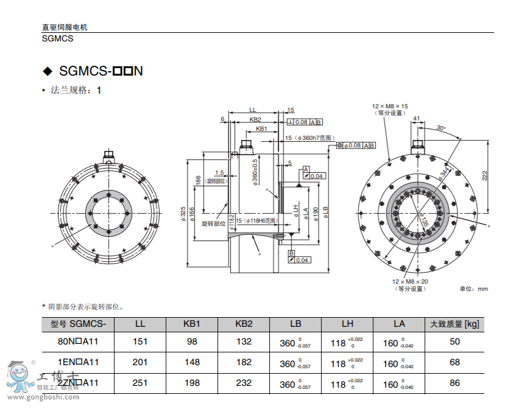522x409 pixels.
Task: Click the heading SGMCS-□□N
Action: [x=101, y=71]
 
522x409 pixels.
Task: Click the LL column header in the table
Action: [x=140, y=324]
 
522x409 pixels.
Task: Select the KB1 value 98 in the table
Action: [x=192, y=341]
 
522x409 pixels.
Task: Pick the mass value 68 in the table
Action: [x=454, y=362]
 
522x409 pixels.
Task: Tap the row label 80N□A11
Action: [x=78, y=341]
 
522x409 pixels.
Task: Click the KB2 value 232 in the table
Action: [x=244, y=382]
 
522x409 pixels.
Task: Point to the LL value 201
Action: [x=140, y=362]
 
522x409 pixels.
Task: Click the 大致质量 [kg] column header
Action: [x=454, y=324]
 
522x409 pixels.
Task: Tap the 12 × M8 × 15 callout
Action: [x=390, y=106]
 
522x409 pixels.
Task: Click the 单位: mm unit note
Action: [x=474, y=288]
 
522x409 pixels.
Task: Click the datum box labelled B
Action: [x=291, y=253]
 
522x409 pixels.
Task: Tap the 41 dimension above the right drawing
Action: [x=417, y=118]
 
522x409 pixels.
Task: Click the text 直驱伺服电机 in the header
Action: [x=65, y=27]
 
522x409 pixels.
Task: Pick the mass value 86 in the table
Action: [x=454, y=382]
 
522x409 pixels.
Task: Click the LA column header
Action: [x=399, y=324]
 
